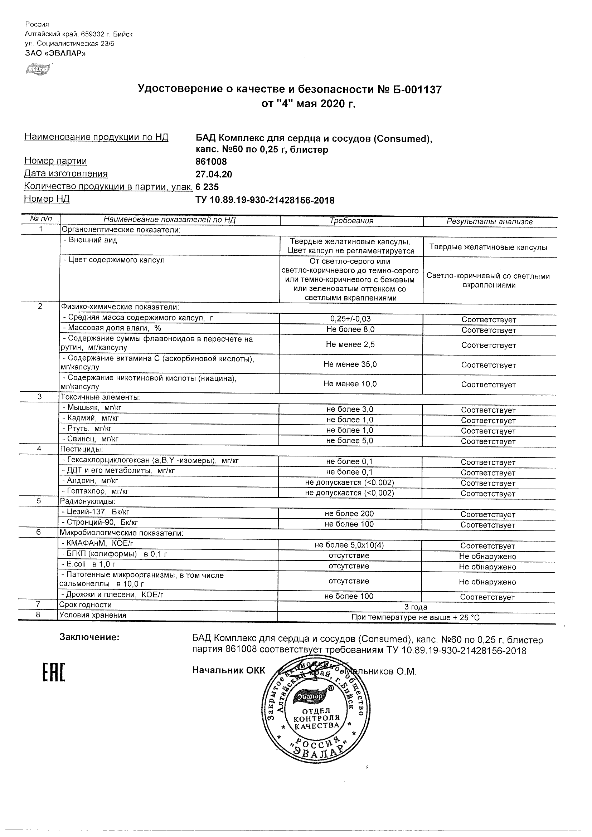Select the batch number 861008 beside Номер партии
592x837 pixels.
click(211, 161)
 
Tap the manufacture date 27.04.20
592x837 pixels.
click(214, 174)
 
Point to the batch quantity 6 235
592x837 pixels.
click(207, 187)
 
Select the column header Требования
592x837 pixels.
click(351, 221)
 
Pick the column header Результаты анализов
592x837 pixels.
click(490, 221)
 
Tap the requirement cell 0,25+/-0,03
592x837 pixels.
click(350, 319)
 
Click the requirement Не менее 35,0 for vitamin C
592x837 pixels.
click(350, 364)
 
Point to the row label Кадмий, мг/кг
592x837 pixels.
click(91, 418)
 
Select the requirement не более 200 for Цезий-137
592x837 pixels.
click(349, 514)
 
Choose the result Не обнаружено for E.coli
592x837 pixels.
click(487, 567)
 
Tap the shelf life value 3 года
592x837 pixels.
click(416, 607)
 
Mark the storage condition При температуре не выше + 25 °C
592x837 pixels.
click(416, 617)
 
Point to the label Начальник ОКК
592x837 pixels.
click(229, 670)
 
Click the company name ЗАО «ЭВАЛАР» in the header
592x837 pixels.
click(55, 53)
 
